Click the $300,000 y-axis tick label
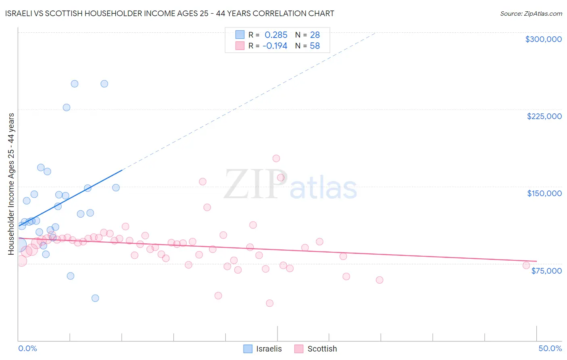(543, 39)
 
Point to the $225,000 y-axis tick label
(544, 116)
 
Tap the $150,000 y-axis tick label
(544, 193)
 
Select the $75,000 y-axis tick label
(546, 271)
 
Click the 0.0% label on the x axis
(27, 348)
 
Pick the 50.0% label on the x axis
(550, 348)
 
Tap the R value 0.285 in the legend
(276, 35)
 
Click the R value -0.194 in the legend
(275, 46)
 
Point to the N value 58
(315, 46)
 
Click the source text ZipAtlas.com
(531, 14)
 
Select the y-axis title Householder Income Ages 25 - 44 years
(11, 184)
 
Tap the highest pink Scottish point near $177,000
(276, 158)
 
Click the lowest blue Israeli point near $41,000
(95, 298)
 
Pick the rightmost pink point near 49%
(526, 265)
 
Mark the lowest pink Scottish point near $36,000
(270, 303)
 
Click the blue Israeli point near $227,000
(67, 107)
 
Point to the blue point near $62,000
(71, 276)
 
